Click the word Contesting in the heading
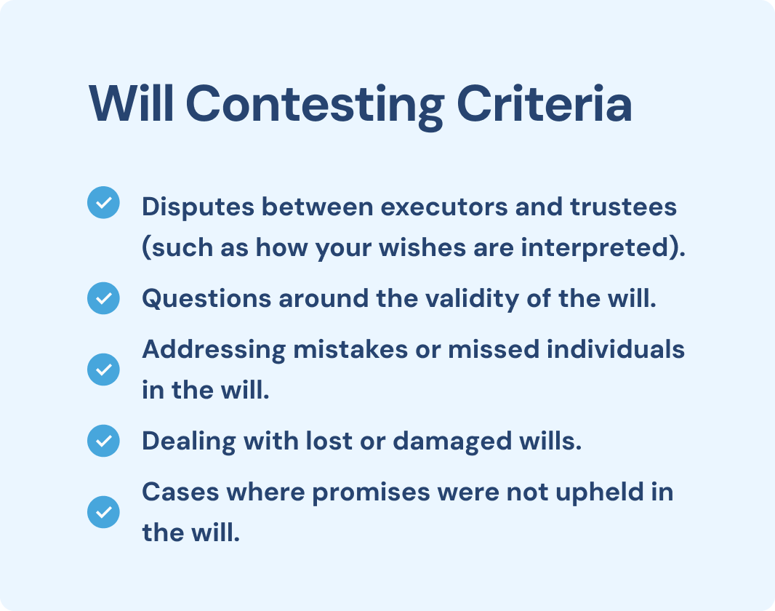315,105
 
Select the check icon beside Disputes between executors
103,202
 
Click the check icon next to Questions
103,298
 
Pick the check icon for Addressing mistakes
103,370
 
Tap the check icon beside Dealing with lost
103,441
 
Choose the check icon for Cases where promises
103,511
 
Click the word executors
444,207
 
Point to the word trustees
623,207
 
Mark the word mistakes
350,349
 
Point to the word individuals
615,349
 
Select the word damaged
452,442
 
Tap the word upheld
599,492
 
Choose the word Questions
206,299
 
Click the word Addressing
214,351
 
